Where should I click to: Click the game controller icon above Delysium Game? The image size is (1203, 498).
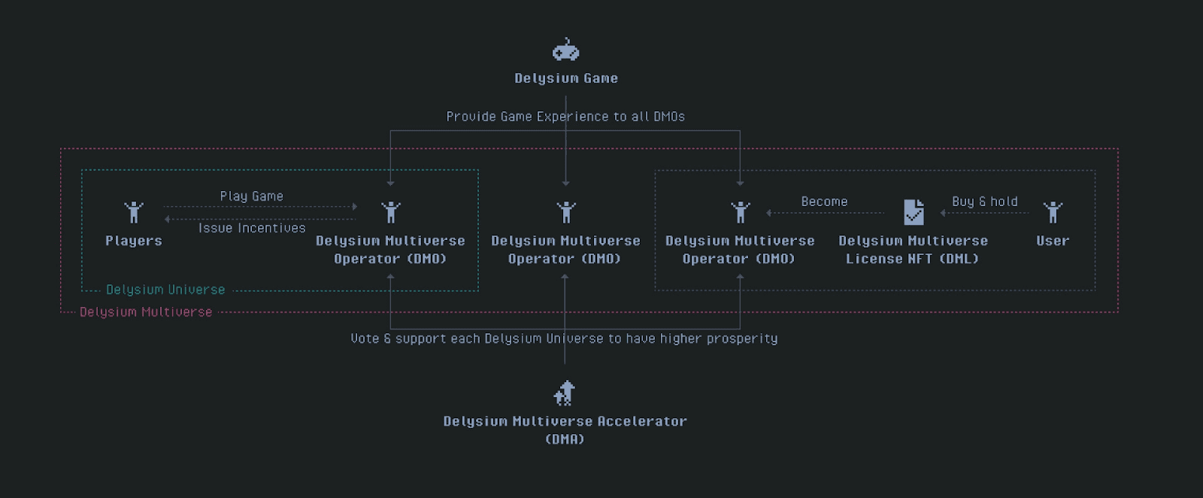(x=565, y=50)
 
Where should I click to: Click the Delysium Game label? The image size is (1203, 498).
(x=566, y=78)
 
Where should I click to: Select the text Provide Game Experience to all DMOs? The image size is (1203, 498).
(x=565, y=117)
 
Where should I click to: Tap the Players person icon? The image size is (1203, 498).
(x=134, y=212)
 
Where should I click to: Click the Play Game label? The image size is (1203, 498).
(x=251, y=196)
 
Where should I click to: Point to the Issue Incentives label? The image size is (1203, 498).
(x=252, y=228)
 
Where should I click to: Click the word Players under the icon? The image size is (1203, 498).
(x=134, y=241)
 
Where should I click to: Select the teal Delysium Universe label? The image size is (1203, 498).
(x=165, y=290)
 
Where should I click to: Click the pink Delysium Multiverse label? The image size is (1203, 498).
(x=146, y=312)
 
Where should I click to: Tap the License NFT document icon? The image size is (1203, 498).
(x=914, y=212)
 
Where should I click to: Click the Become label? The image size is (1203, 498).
(x=824, y=202)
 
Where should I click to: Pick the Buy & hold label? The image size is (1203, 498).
(x=984, y=202)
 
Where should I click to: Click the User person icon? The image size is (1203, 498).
(x=1053, y=212)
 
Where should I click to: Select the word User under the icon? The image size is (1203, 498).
(x=1053, y=241)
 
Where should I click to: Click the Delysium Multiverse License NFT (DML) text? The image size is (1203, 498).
(x=913, y=250)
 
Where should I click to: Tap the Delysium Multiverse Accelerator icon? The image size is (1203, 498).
(x=565, y=393)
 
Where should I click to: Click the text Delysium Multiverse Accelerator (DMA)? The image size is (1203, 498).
(x=565, y=430)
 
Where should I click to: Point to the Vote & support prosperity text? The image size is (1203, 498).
(x=564, y=339)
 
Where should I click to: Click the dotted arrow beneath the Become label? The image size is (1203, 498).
(x=825, y=213)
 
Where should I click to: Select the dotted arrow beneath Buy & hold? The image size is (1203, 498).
(x=984, y=213)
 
